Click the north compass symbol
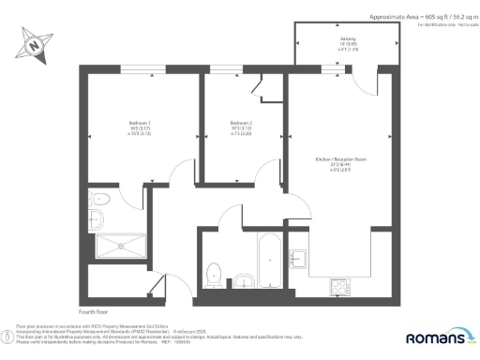pos(35,42)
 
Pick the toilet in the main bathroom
pos(215,273)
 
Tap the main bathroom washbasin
pos(243,278)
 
